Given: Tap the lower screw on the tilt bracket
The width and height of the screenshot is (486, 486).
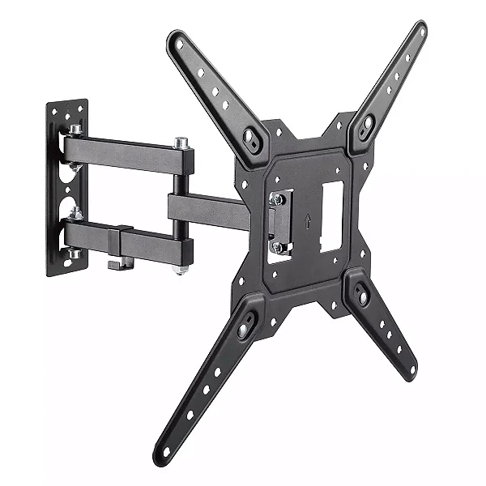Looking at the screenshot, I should (x=279, y=247).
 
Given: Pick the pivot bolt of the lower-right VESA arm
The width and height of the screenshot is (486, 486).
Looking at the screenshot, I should (x=361, y=297).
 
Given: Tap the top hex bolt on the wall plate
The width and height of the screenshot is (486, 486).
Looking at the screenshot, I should (x=75, y=130).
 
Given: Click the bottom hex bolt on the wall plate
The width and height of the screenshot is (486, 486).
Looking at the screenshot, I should (x=75, y=253).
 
